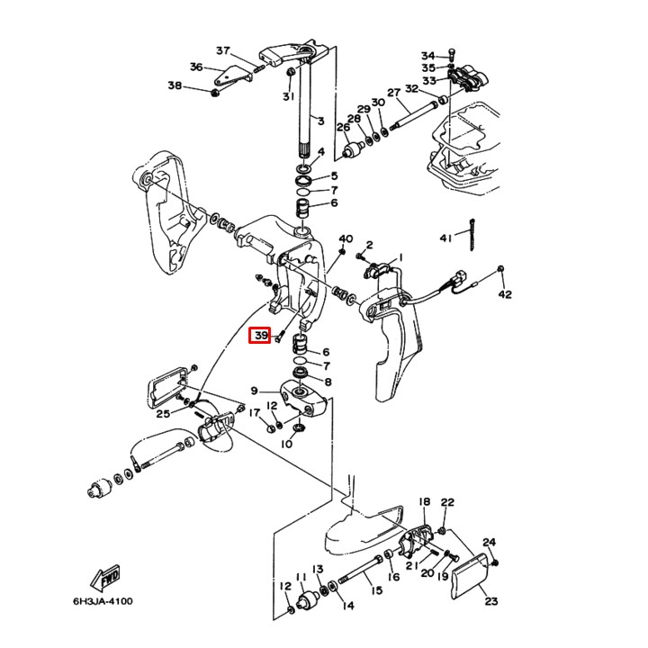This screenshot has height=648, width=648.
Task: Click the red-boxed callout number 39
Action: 260,336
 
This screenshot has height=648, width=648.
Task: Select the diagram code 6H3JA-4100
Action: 103,601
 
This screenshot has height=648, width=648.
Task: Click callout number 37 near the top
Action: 223,50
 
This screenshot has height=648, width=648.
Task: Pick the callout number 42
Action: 505,294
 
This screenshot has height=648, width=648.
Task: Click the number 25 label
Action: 163,414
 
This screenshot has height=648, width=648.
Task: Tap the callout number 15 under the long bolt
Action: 376,591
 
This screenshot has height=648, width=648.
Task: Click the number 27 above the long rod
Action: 393,94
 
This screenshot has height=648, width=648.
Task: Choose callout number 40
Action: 346,238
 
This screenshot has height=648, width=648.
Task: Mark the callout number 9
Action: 255,391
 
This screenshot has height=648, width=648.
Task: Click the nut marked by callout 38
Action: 214,90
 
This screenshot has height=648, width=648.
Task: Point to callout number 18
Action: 424,501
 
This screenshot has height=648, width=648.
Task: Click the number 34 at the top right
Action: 427,56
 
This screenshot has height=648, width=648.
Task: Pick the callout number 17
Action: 255,414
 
